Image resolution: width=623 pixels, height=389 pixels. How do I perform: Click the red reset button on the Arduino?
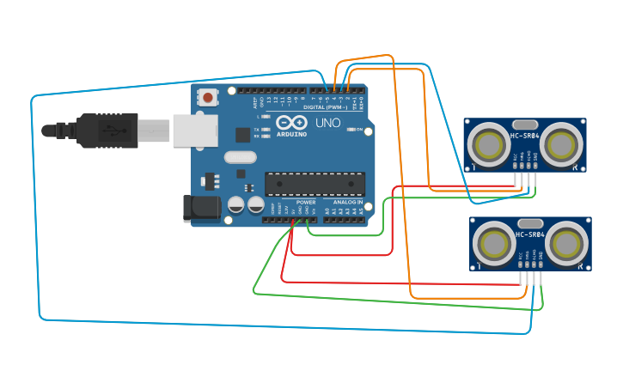pyautogui.click(x=208, y=98)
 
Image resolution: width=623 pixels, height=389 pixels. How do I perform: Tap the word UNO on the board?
pyautogui.click(x=327, y=124)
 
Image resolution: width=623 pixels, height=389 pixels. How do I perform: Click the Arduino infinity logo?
pyautogui.click(x=292, y=124)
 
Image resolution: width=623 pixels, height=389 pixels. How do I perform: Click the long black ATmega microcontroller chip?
pyautogui.click(x=315, y=184)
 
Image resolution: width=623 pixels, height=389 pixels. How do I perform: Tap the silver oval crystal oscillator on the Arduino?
pyautogui.click(x=240, y=157)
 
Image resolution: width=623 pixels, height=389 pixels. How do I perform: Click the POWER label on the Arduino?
pyautogui.click(x=306, y=202)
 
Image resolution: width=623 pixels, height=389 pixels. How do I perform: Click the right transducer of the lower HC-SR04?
pyautogui.click(x=567, y=243)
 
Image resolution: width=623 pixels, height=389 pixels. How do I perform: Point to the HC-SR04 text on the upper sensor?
pyautogui.click(x=525, y=136)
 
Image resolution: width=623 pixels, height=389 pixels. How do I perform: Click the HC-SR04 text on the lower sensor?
pyautogui.click(x=530, y=234)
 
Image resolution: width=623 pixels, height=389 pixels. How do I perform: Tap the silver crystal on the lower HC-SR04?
pyautogui.click(x=530, y=223)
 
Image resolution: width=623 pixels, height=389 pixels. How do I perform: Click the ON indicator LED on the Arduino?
pyautogui.click(x=351, y=129)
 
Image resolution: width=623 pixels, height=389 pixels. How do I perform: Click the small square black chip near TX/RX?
pyautogui.click(x=242, y=134)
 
